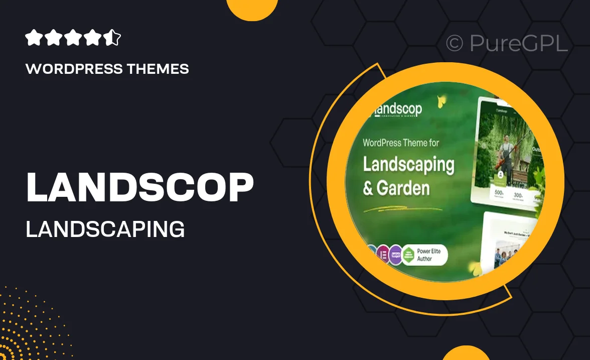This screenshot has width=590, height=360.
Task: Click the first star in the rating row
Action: click(33, 38)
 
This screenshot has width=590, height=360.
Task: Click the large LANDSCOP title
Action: click(139, 187)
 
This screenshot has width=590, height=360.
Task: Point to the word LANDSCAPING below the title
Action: click(105, 229)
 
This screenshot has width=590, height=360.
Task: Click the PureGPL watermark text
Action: click(518, 44)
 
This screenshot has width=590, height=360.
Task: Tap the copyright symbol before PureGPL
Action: click(455, 44)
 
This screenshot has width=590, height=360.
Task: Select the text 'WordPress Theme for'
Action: click(401, 143)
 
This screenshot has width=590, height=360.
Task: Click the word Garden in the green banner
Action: click(403, 189)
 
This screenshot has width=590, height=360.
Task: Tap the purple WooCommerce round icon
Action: click(395, 255)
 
